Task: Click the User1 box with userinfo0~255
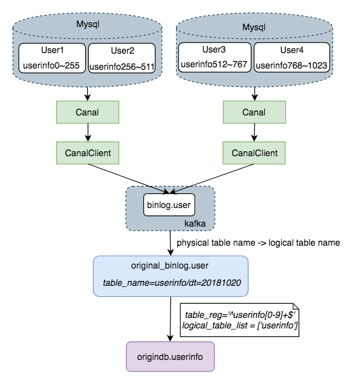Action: click(52, 58)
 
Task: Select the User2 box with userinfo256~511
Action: click(122, 58)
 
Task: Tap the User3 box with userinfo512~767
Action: click(215, 57)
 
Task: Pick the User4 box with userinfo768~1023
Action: click(292, 57)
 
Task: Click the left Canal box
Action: click(88, 112)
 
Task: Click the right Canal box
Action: click(254, 112)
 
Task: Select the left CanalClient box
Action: click(88, 153)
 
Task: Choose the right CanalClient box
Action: click(254, 153)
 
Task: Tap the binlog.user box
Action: click(169, 205)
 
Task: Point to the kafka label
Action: click(195, 223)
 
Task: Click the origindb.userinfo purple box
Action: click(170, 357)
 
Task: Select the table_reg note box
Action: click(240, 320)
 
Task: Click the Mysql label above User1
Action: click(88, 24)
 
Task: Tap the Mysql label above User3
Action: click(254, 27)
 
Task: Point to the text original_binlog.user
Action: click(170, 265)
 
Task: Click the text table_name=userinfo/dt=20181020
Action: click(172, 283)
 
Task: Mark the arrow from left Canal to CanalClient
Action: click(88, 132)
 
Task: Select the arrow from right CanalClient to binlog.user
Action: click(212, 179)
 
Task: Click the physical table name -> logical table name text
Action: click(258, 243)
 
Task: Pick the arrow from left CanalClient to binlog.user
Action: click(128, 179)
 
